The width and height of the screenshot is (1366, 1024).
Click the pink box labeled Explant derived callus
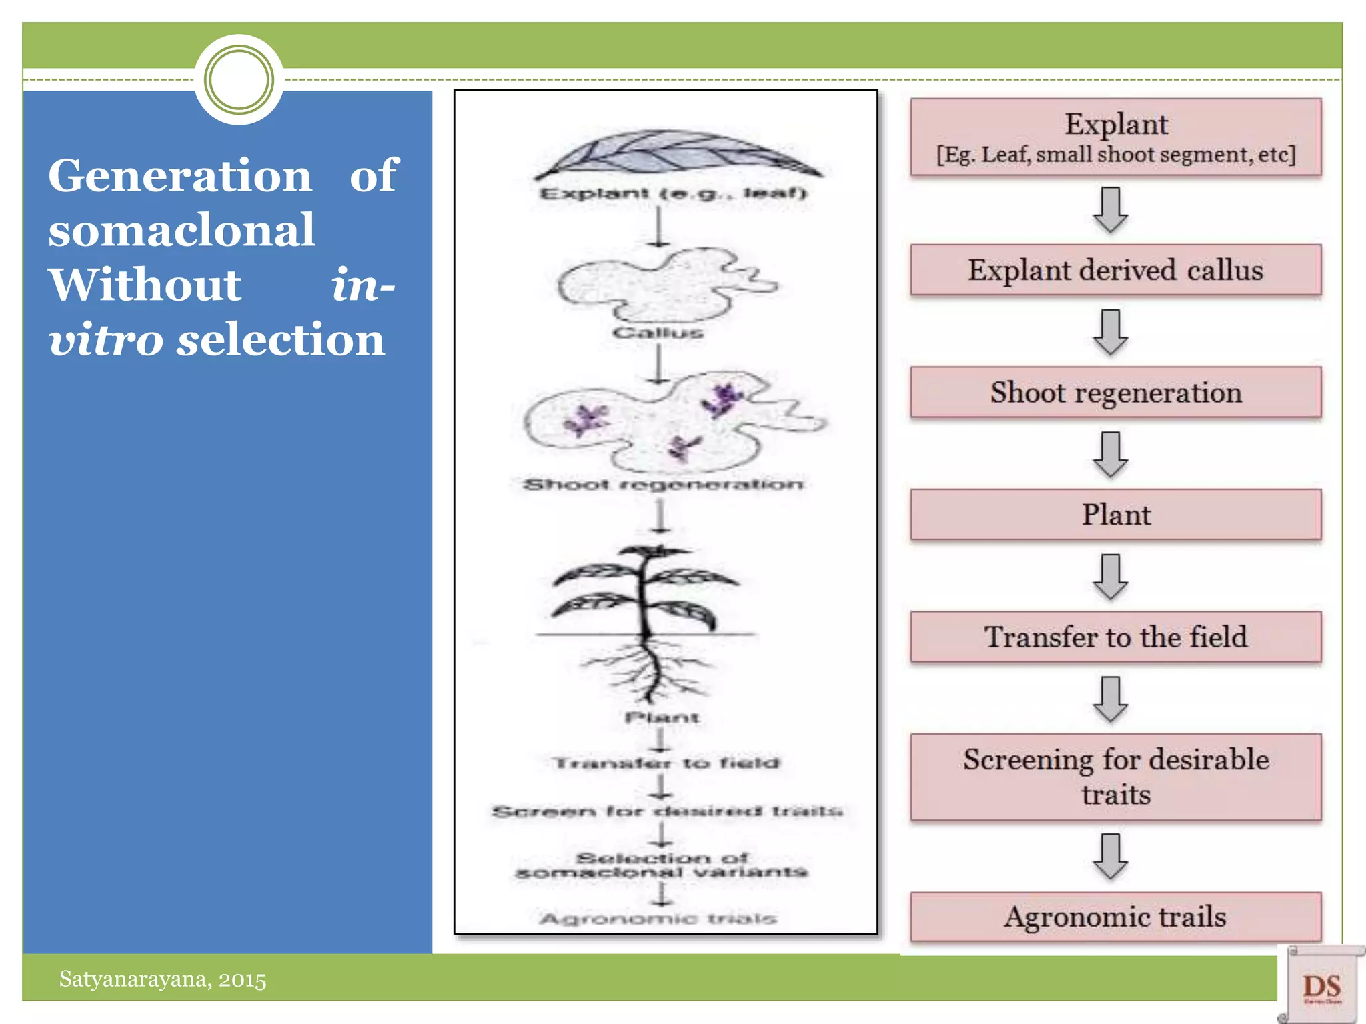click(x=1115, y=270)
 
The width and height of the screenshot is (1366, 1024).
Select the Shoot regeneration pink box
click(x=1115, y=392)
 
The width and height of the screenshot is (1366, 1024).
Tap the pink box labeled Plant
click(x=1115, y=515)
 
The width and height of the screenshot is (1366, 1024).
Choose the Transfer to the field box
click(x=1115, y=637)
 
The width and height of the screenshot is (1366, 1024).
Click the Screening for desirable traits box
click(x=1115, y=777)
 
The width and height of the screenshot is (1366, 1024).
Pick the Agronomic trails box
click(x=1115, y=917)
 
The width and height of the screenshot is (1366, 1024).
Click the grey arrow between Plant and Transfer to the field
click(x=1111, y=577)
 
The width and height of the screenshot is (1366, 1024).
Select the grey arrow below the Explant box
click(x=1111, y=210)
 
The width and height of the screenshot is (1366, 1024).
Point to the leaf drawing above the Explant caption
click(x=677, y=155)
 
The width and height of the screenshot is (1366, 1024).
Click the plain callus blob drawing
click(x=660, y=287)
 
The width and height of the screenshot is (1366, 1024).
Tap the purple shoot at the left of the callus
click(x=586, y=420)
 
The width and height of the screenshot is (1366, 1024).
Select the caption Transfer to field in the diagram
click(x=666, y=763)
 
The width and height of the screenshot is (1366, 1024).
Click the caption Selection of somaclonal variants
click(x=662, y=865)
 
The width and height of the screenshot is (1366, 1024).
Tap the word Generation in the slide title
click(x=180, y=176)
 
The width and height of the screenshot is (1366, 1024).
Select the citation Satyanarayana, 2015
click(x=163, y=979)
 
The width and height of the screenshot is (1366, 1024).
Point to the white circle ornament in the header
click(x=239, y=80)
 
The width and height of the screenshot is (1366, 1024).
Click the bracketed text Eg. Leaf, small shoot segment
click(x=1115, y=155)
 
